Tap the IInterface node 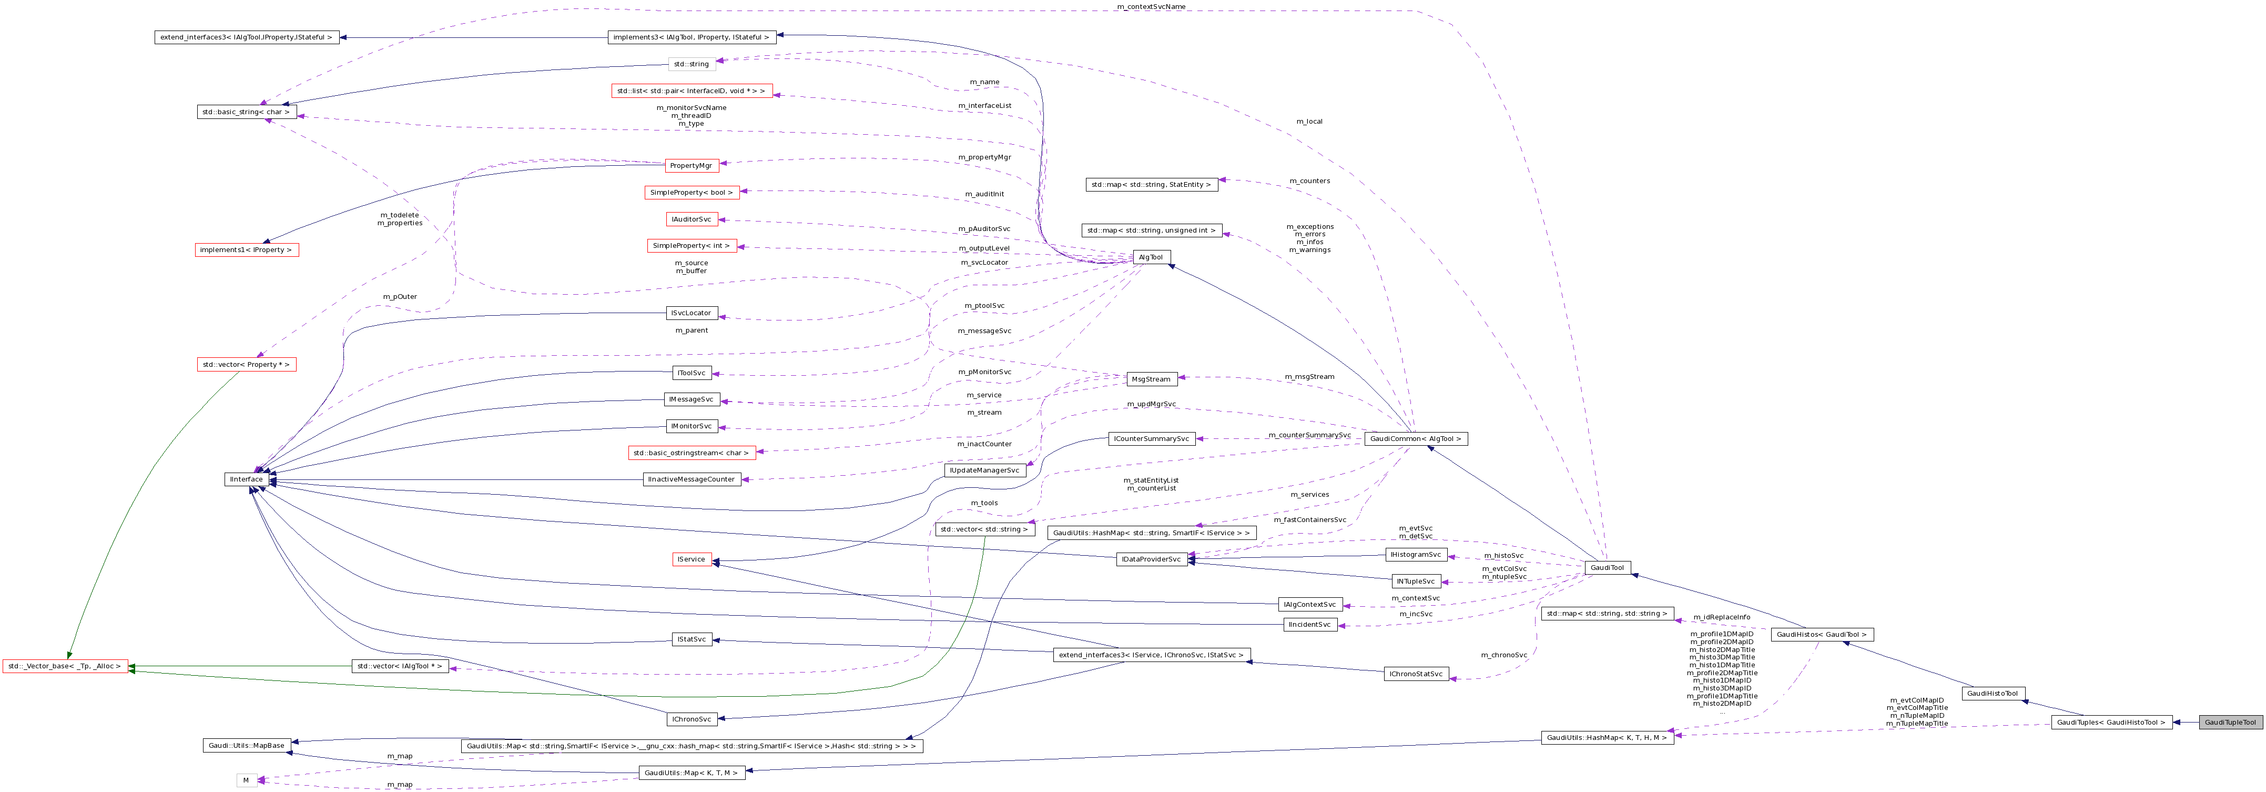tap(246, 479)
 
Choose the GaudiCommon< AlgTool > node tap(1415, 438)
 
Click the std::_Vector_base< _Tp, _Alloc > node tap(65, 666)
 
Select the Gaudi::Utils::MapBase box tap(246, 745)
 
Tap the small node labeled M tap(246, 780)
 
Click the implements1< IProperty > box tap(246, 250)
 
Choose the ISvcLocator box tap(692, 313)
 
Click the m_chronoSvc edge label tap(1503, 655)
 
